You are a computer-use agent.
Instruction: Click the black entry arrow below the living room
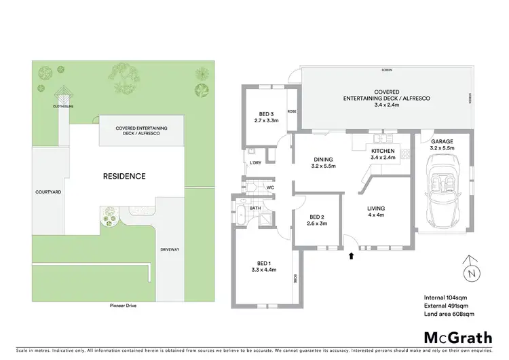351,256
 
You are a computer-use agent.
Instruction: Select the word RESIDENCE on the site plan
124,176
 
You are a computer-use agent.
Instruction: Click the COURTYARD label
48,192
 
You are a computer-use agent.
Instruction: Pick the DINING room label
324,160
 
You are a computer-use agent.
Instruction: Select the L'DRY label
257,164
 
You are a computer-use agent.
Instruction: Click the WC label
269,187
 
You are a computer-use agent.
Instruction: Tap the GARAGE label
442,141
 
